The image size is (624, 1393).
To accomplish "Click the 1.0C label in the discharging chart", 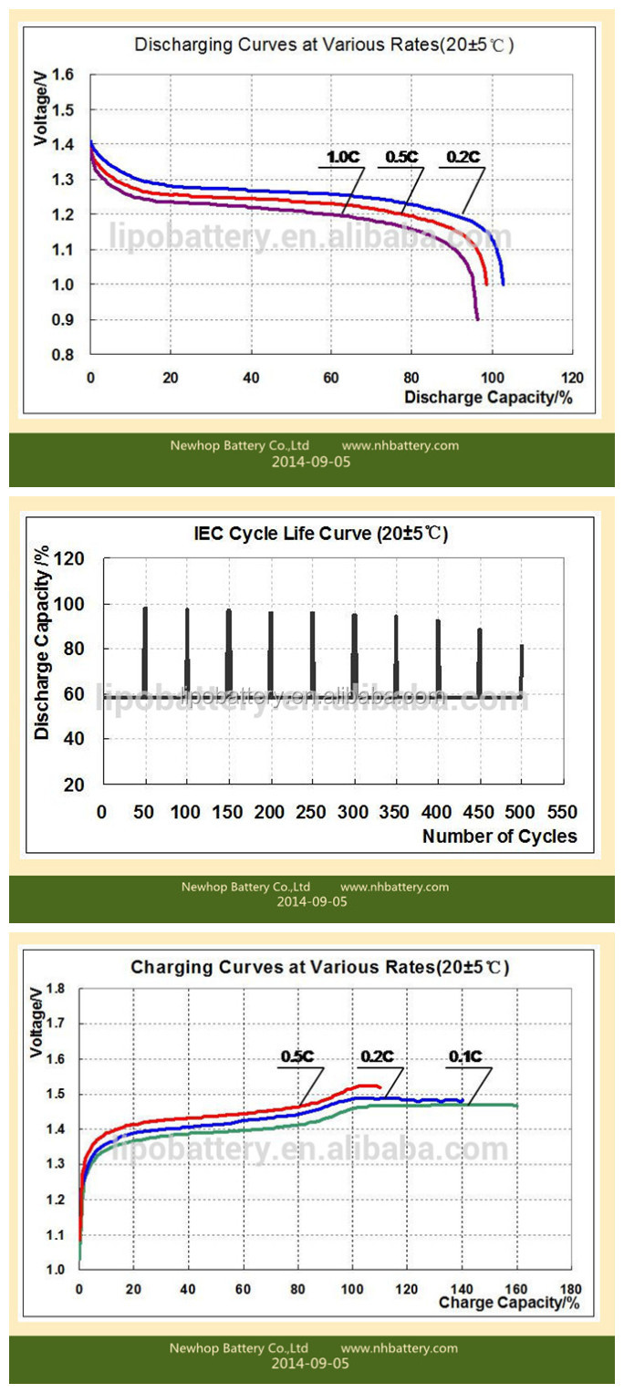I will [345, 157].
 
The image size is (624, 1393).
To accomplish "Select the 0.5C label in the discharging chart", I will [401, 157].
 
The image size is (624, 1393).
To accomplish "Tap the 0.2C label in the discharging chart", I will [461, 157].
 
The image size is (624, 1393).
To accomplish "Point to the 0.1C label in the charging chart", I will [464, 1056].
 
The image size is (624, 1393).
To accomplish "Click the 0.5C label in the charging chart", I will [297, 1056].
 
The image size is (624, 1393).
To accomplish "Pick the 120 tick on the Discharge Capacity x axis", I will [572, 378].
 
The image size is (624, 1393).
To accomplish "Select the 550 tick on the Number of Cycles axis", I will [564, 812].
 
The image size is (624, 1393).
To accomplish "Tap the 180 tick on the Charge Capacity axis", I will [571, 1290].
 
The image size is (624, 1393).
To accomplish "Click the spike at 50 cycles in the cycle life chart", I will [144, 648].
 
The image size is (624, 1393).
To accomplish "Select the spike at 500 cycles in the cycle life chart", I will [522, 668].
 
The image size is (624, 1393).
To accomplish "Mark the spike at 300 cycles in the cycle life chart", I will [354, 653].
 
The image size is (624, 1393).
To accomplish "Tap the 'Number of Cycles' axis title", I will [500, 836].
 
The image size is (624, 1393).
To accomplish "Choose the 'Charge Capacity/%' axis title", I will [509, 1303].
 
